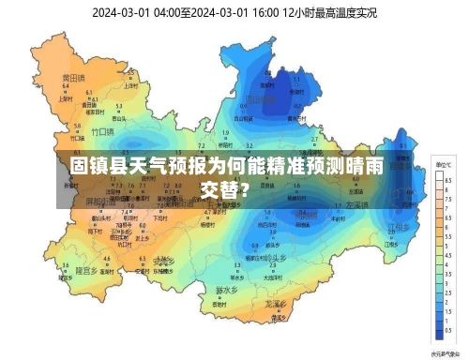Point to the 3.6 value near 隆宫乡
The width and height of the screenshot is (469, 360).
pos(66,265)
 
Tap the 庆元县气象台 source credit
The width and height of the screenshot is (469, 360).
pos(443,353)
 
